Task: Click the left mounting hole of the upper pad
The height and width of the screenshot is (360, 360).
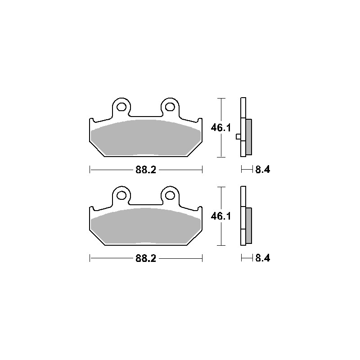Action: coord(121,107)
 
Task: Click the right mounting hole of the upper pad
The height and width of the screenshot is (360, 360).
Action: coord(170,107)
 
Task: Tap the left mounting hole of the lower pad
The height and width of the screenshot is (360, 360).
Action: coord(121,195)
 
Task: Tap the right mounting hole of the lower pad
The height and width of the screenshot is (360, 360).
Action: coord(170,195)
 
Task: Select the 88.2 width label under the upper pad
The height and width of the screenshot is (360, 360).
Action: coord(146,170)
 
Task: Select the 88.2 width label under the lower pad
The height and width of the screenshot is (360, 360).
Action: coord(146,258)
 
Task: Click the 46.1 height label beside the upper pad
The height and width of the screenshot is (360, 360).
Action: coord(220,128)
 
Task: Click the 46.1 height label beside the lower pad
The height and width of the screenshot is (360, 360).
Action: coord(220,216)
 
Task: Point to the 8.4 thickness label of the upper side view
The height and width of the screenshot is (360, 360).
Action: coord(263,170)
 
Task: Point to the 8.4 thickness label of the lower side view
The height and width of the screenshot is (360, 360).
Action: coord(263,258)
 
